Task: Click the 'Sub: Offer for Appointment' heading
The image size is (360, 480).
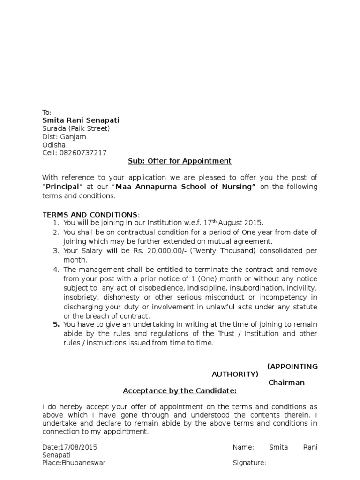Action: point(180,161)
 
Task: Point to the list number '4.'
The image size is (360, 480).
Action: point(56,270)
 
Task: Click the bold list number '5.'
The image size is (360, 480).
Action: point(56,324)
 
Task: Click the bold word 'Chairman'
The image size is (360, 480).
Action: point(286,382)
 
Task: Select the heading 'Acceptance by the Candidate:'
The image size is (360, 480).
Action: point(180,391)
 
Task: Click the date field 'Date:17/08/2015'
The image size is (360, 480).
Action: point(70,447)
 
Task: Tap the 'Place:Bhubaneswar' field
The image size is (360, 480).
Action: point(74,463)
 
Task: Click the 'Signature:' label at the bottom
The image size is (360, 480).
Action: point(249,463)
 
